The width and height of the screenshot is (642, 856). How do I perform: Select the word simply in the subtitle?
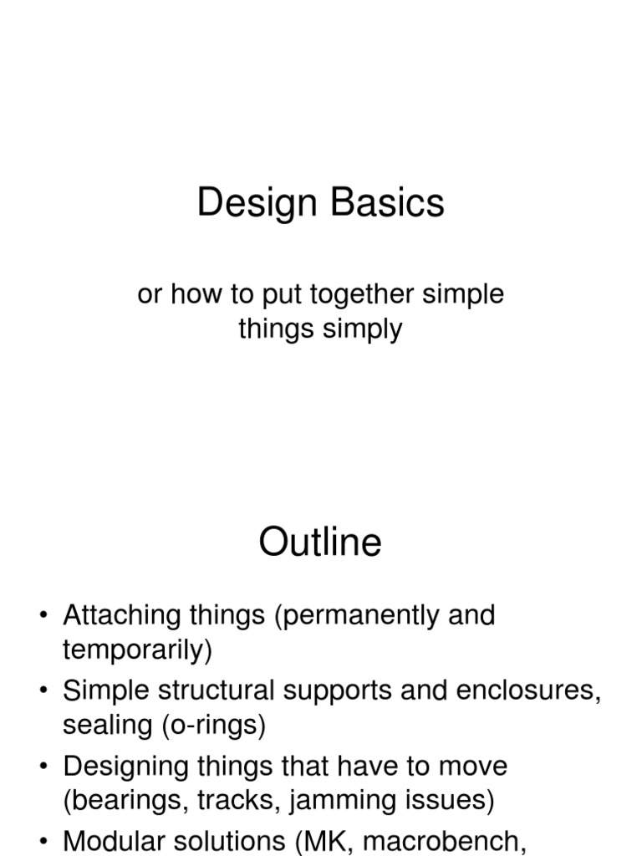point(362,329)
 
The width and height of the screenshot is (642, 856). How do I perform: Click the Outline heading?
point(320,543)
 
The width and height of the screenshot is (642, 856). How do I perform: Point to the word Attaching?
point(122,616)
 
